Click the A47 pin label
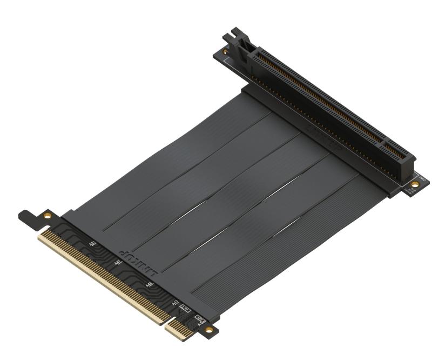[x=118, y=263]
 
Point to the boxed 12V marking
[x=199, y=318]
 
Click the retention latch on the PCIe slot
[x=241, y=43]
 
